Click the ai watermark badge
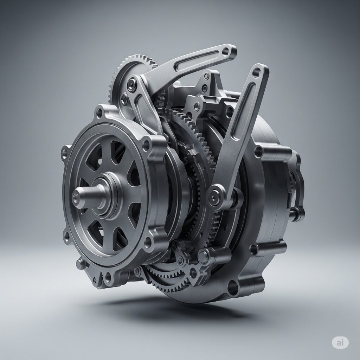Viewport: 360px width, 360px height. click(x=340, y=343)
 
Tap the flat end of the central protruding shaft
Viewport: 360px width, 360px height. click(x=76, y=197)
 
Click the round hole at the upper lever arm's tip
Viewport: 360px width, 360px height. click(x=226, y=51)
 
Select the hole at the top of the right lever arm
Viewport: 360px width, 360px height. click(x=256, y=72)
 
